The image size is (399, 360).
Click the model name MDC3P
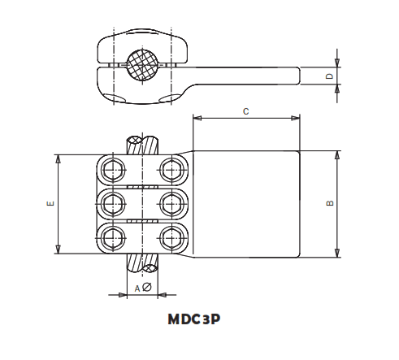pyautogui.click(x=193, y=319)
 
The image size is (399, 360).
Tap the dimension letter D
pyautogui.click(x=329, y=76)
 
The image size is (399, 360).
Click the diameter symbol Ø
pyautogui.click(x=146, y=288)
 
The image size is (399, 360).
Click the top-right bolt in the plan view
pyautogui.click(x=171, y=170)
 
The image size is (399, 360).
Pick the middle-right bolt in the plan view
pyautogui.click(x=171, y=203)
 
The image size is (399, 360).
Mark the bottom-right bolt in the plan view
pyautogui.click(x=171, y=236)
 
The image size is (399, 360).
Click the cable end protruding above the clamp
pyautogui.click(x=141, y=145)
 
